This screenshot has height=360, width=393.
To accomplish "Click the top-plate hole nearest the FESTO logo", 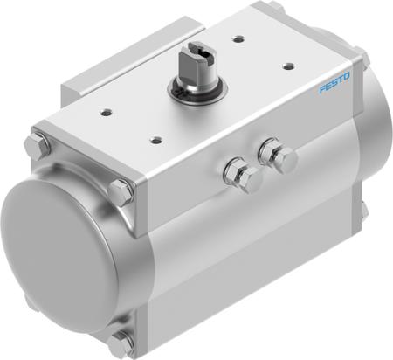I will pyautogui.click(x=288, y=65).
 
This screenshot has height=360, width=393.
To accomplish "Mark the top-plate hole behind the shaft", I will pyautogui.click(x=238, y=38).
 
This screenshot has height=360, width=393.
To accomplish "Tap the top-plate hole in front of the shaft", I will pyautogui.click(x=155, y=137).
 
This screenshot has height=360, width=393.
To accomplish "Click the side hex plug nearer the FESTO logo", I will pyautogui.click(x=281, y=158).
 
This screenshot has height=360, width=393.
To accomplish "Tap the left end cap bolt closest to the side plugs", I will pyautogui.click(x=120, y=190).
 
